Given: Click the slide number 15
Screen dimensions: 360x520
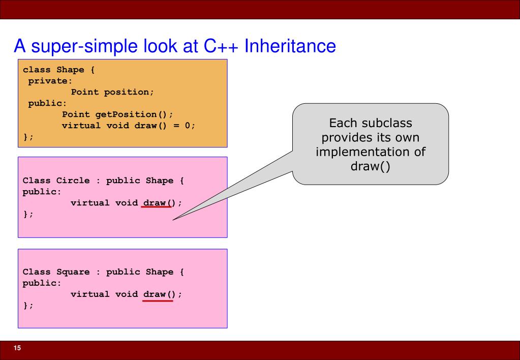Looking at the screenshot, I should pos(17,348).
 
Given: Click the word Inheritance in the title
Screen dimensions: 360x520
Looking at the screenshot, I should pos(290,46).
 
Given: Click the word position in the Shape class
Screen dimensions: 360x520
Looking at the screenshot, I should pos(129,92).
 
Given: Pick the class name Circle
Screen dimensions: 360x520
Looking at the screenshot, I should pos(73,181).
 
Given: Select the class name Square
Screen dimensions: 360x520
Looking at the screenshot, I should pos(73,272).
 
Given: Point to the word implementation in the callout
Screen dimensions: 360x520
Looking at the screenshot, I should pos(370,152).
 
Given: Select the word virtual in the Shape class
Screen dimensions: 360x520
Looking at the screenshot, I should pos(81,126).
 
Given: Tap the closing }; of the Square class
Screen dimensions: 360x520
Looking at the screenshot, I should pos(28,305).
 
